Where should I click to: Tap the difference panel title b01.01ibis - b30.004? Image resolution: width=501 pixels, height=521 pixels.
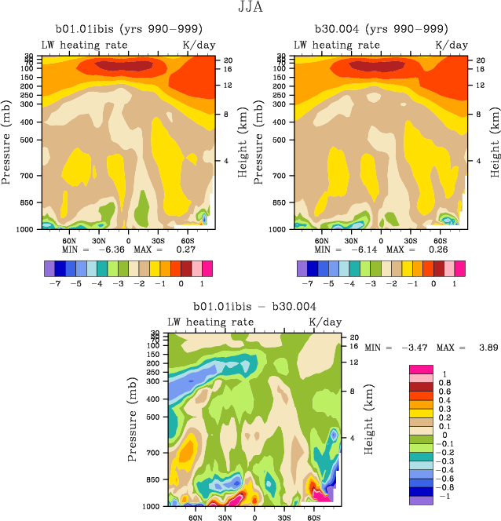pos(255,307)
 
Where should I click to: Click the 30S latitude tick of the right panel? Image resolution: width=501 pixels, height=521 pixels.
pos(411,242)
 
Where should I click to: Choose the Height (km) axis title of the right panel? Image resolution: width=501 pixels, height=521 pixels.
pos(496,144)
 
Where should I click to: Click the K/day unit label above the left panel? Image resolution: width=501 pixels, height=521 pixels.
pos(198,46)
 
